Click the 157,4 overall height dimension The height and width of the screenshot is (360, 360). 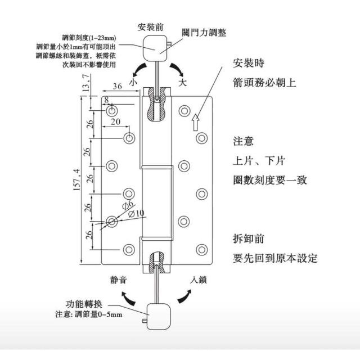[x=77, y=179]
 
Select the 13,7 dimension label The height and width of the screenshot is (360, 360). [x=85, y=83]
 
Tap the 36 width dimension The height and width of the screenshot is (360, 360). [x=118, y=86]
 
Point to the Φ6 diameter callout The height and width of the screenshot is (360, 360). [x=128, y=205]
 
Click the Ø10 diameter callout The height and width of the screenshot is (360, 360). [x=136, y=214]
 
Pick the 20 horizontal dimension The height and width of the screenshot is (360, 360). [x=115, y=121]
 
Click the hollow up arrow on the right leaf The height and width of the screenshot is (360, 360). [x=195, y=122]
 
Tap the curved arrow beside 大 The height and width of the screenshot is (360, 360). [x=177, y=69]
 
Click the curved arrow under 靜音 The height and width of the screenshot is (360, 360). [x=128, y=299]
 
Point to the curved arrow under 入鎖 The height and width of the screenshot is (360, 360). [x=184, y=296]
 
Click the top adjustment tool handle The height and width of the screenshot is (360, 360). [x=155, y=48]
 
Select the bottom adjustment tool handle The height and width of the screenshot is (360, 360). [x=159, y=316]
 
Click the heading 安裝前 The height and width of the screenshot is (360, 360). [x=151, y=27]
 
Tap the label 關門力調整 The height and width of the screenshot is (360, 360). [x=204, y=33]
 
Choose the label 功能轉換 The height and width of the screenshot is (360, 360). [x=84, y=304]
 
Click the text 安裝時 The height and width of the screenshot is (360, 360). [x=249, y=63]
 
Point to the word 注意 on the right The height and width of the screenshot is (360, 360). [x=244, y=141]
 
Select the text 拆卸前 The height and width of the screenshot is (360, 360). [x=249, y=238]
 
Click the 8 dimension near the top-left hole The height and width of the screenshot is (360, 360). [x=106, y=100]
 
